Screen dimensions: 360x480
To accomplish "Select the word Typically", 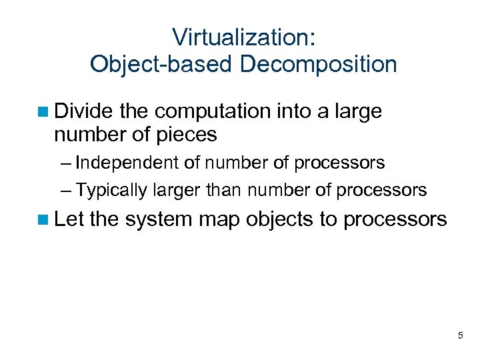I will (x=111, y=190).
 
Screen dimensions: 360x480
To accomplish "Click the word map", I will (x=223, y=219).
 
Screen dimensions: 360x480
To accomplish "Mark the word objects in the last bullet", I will (x=280, y=219).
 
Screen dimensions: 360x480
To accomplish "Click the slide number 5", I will (x=460, y=336).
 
